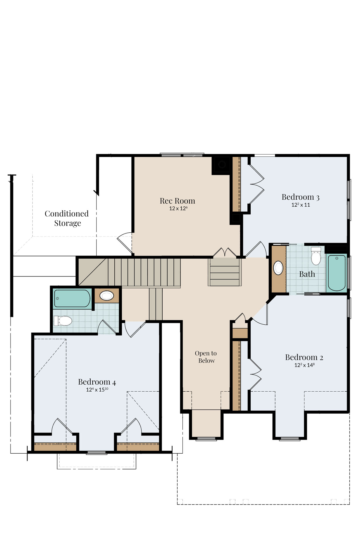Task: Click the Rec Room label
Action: [x=177, y=201]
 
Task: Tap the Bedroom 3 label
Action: [x=300, y=197]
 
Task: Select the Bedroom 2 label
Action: [x=304, y=357]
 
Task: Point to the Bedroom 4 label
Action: [x=97, y=382]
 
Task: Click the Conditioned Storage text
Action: [x=67, y=218]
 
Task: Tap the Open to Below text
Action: [x=206, y=357]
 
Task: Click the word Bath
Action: [x=307, y=274]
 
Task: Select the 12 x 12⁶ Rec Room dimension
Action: [x=178, y=208]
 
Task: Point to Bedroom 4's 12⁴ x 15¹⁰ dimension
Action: [x=97, y=390]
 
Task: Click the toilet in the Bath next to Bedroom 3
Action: [x=316, y=256]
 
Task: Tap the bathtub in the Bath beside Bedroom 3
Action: [x=337, y=273]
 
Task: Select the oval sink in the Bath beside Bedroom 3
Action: [x=278, y=268]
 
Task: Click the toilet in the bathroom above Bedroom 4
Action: [x=63, y=321]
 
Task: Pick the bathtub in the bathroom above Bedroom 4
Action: [x=72, y=298]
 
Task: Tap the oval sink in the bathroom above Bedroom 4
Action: [x=107, y=295]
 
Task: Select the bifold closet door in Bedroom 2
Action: [x=255, y=374]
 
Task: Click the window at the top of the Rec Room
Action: [x=182, y=155]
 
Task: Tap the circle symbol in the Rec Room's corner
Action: [x=222, y=165]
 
